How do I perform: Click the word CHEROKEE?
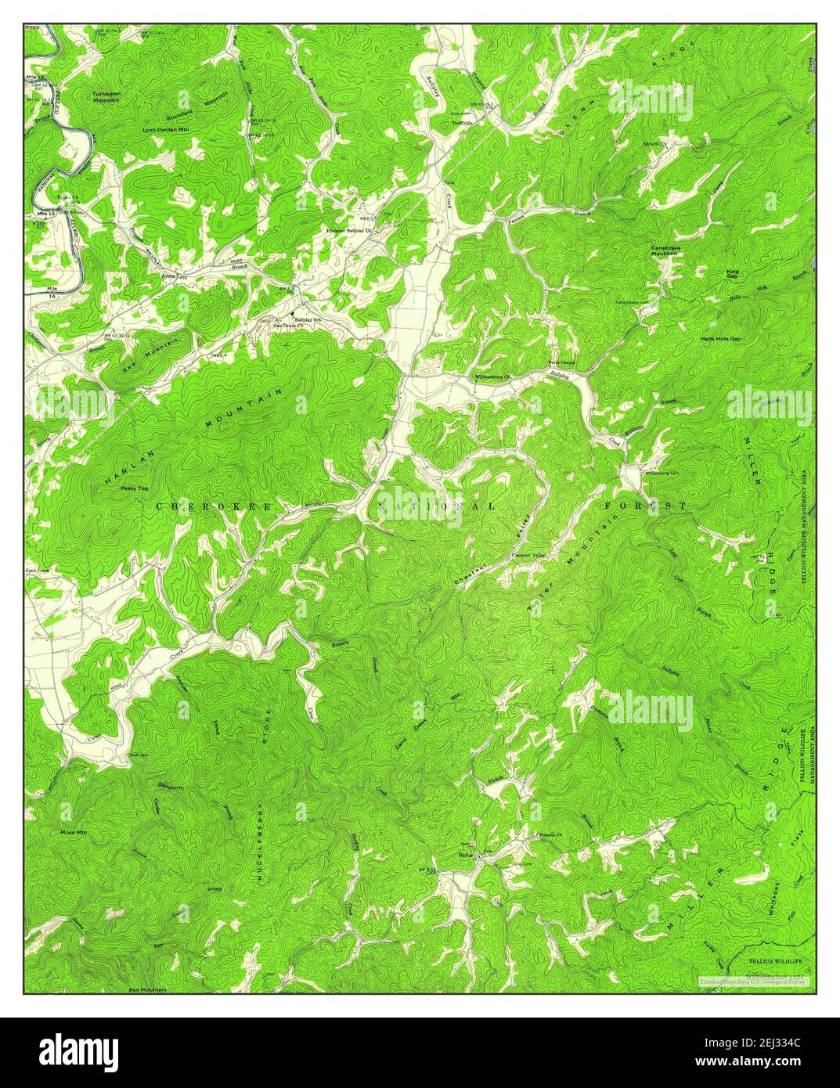click(213, 507)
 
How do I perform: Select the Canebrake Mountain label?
click(665, 251)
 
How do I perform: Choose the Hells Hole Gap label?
click(720, 339)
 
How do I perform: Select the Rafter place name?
click(468, 855)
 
